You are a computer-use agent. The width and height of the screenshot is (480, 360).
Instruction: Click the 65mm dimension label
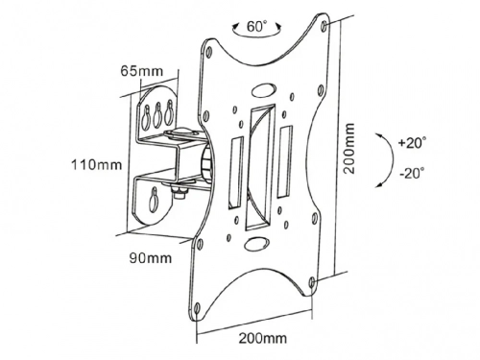pyautogui.click(x=142, y=71)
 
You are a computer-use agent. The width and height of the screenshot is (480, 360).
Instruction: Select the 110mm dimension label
pyautogui.click(x=96, y=165)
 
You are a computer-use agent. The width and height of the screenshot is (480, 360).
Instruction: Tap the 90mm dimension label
pyautogui.click(x=150, y=257)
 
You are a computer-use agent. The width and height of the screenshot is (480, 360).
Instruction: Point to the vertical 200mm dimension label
pyautogui.click(x=349, y=149)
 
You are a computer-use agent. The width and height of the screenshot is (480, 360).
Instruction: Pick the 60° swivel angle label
pyautogui.click(x=256, y=26)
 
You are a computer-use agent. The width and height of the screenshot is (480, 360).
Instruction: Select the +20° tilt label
pyautogui.click(x=412, y=143)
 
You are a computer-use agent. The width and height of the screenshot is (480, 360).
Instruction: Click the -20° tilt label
pyautogui.click(x=412, y=174)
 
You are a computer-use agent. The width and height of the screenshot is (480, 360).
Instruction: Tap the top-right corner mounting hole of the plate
pyautogui.click(x=324, y=26)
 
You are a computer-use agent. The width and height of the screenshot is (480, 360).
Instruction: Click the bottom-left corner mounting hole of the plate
pyautogui.click(x=197, y=309)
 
